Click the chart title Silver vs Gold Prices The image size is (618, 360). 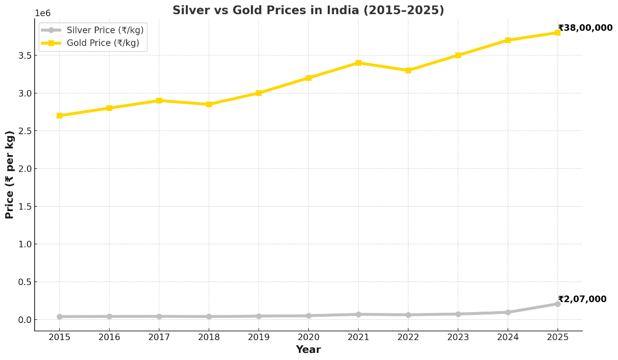(x=308, y=10)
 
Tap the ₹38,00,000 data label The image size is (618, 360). (x=585, y=28)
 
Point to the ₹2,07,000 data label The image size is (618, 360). (x=582, y=299)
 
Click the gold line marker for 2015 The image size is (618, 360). (x=59, y=116)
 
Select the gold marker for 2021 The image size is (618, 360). (x=358, y=63)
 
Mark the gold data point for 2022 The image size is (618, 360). (x=408, y=70)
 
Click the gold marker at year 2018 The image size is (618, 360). (x=209, y=104)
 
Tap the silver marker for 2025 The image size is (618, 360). (x=557, y=304)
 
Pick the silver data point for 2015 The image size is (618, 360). (x=59, y=317)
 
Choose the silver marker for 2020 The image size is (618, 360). (x=308, y=316)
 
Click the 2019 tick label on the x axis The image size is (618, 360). (x=258, y=337)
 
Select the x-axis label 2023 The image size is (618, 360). (x=458, y=337)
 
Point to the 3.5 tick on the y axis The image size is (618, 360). (x=25, y=55)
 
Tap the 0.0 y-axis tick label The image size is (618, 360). (x=25, y=320)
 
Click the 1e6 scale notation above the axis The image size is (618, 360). (x=43, y=13)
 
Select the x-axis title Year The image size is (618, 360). (x=308, y=350)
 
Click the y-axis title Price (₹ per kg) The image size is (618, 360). (x=10, y=175)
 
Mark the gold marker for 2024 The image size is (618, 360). (x=507, y=40)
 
